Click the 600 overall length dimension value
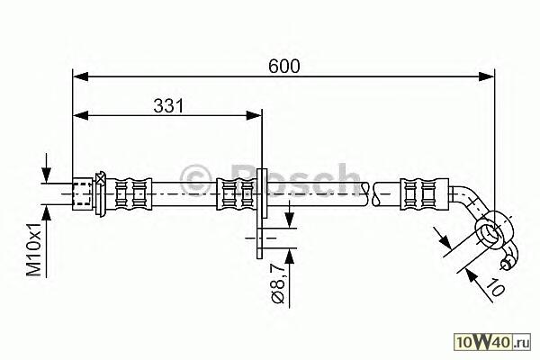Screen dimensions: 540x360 pyautogui.click(x=284, y=66)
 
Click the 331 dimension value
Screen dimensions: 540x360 pyautogui.click(x=168, y=106)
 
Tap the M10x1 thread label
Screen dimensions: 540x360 pyautogui.click(x=34, y=249)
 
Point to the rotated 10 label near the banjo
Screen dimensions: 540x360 pyautogui.click(x=496, y=286)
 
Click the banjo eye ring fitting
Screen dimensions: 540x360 pyautogui.click(x=493, y=229)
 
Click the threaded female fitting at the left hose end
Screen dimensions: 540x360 pyautogui.click(x=83, y=194)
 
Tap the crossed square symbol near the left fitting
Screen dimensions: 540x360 pyautogui.click(x=101, y=178)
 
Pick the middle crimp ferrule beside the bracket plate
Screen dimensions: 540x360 pyautogui.click(x=238, y=194)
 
